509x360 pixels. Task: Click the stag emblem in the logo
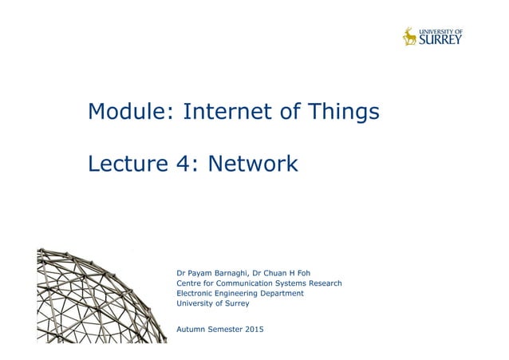coord(409,37)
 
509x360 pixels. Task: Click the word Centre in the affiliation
coord(188,283)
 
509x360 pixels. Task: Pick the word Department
coord(280,294)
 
